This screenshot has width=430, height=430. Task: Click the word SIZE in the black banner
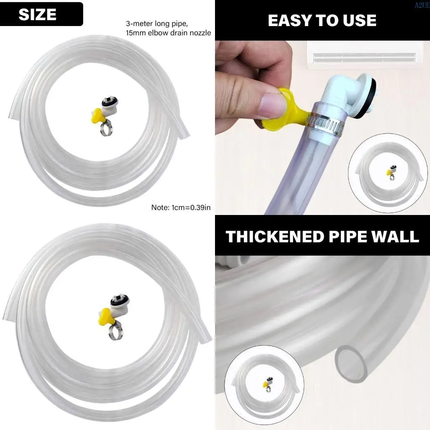click(37, 15)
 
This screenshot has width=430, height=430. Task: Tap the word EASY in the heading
click(287, 20)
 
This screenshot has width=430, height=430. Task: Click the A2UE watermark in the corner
click(422, 4)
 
